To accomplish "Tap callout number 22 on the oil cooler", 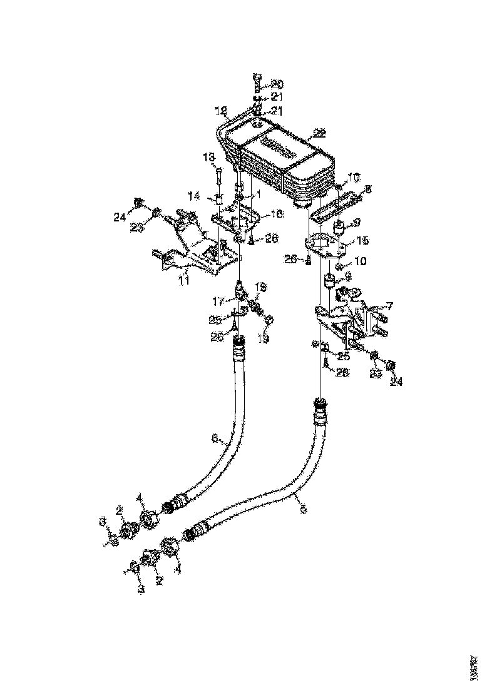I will [319, 133].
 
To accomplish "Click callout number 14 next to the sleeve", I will [195, 196].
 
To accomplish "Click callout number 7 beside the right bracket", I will [389, 306].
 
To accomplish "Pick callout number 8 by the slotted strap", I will [367, 187].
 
